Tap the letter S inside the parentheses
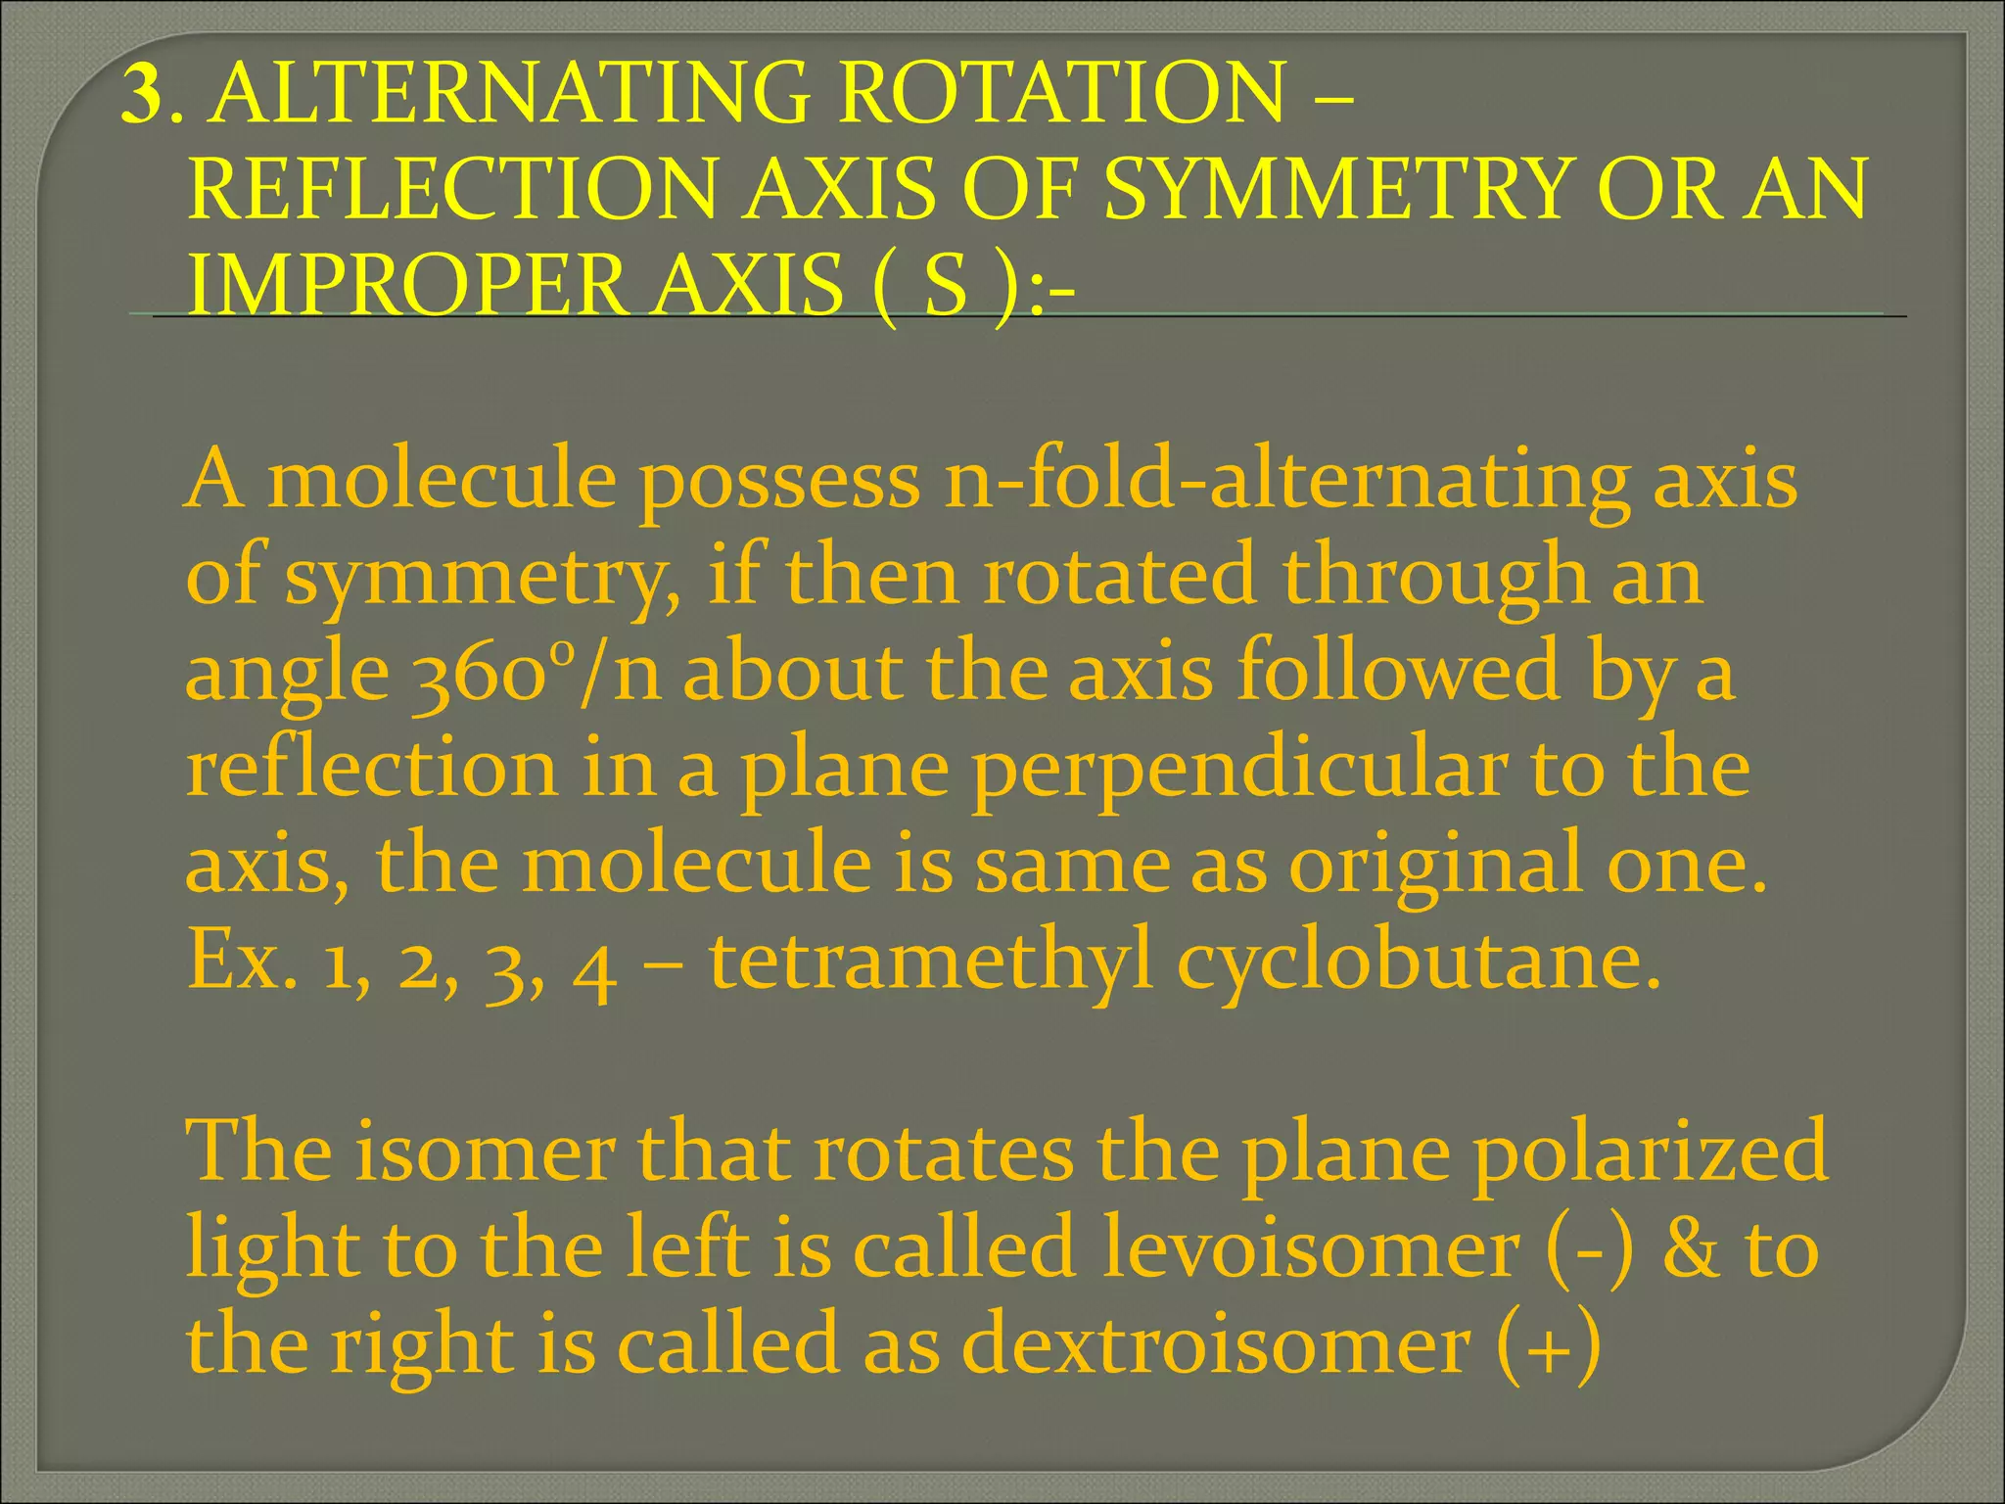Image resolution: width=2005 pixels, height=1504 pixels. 946,284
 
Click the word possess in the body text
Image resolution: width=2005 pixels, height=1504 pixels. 779,481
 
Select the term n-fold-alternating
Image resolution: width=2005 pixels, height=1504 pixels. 1286,481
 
